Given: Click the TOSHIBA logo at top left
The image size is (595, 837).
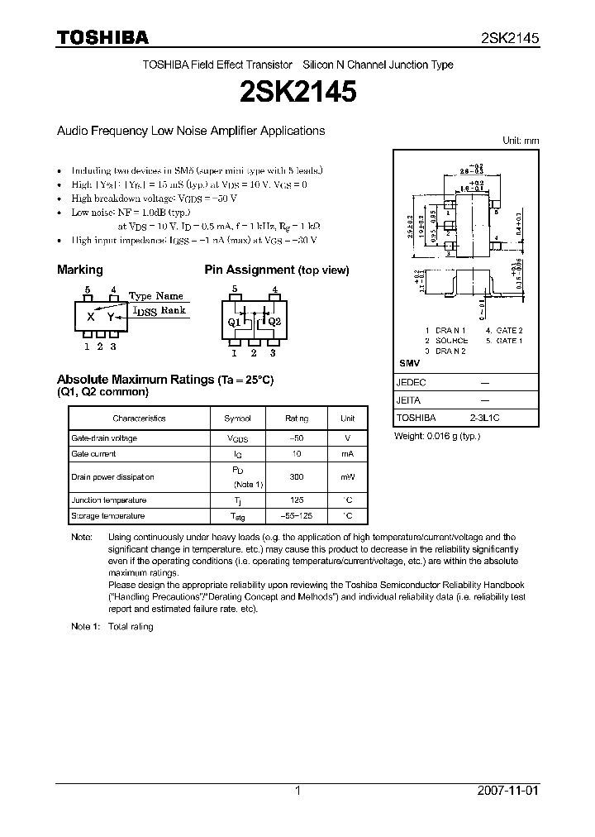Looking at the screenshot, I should [x=102, y=37].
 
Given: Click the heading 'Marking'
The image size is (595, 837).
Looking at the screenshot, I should [x=79, y=270].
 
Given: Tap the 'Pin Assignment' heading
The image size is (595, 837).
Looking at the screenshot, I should [x=250, y=270].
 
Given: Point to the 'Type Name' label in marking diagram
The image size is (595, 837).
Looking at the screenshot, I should [x=156, y=295].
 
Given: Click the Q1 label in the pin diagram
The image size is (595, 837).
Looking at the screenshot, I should [x=234, y=322].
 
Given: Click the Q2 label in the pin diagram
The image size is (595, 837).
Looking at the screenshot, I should [x=275, y=322].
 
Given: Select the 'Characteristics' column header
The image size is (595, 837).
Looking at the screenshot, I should [x=139, y=418].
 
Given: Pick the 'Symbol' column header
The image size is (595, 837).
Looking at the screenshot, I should [x=238, y=418].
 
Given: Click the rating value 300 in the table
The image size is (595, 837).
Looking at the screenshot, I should [x=297, y=477].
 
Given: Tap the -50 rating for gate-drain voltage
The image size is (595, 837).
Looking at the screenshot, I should [x=297, y=438].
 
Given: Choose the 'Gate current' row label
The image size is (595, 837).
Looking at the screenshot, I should [x=94, y=454].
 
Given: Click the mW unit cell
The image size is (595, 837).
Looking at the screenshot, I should [x=348, y=477].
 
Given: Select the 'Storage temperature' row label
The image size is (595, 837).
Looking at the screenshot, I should [x=108, y=516].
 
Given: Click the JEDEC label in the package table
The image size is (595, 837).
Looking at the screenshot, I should [x=412, y=383].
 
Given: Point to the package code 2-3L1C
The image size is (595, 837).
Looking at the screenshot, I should [x=485, y=418].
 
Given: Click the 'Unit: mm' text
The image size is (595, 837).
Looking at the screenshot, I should [x=521, y=141].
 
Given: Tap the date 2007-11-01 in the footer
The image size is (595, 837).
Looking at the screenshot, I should [x=508, y=791].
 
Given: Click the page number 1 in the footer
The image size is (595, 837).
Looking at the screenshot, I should [x=297, y=791].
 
